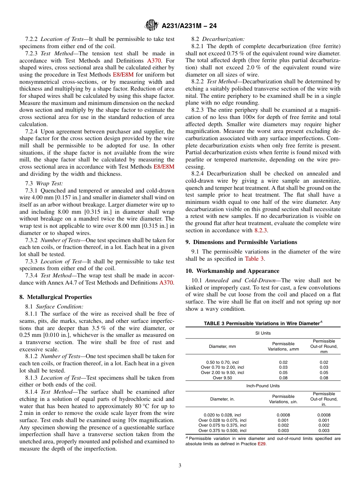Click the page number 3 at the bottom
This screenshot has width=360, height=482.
click(x=180, y=465)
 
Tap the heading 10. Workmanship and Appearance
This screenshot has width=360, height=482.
click(x=232, y=271)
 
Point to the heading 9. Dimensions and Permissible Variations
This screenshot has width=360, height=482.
click(x=241, y=242)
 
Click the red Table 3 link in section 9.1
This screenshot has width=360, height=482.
click(x=255, y=259)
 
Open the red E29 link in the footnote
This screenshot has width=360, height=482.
click(x=261, y=444)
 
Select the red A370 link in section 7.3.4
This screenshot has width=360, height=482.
click(x=167, y=283)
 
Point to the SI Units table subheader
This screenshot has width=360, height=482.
click(x=263, y=333)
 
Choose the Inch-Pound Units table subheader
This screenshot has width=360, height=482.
click(x=263, y=386)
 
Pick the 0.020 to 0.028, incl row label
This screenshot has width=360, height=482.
click(x=222, y=415)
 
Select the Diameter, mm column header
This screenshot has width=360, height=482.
click(x=222, y=346)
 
